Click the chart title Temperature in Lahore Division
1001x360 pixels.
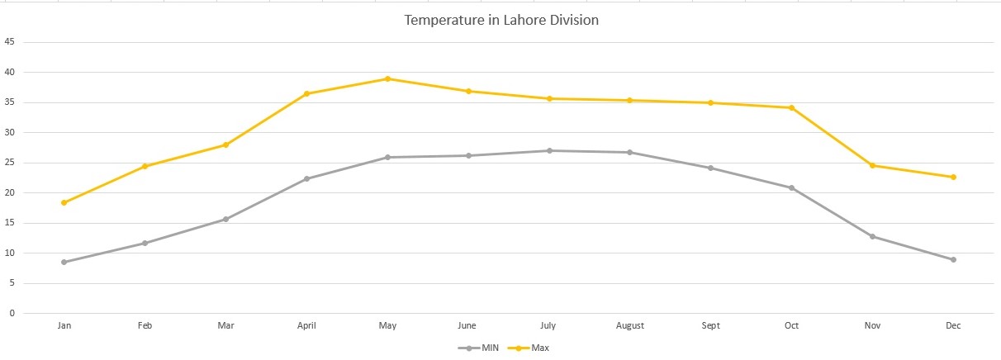500,20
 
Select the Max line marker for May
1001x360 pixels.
387,79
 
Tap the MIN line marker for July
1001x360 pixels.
549,150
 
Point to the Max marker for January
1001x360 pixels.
64,202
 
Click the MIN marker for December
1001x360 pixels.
953,259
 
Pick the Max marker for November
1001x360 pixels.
872,165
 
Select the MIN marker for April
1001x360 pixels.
306,178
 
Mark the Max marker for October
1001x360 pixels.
791,107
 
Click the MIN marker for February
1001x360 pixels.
145,243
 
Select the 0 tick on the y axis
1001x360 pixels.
12,313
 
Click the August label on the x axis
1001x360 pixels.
630,326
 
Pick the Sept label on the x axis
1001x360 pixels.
710,326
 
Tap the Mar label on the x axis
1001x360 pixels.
225,326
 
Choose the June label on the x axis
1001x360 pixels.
468,326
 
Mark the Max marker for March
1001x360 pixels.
225,144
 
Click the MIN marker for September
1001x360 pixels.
710,168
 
